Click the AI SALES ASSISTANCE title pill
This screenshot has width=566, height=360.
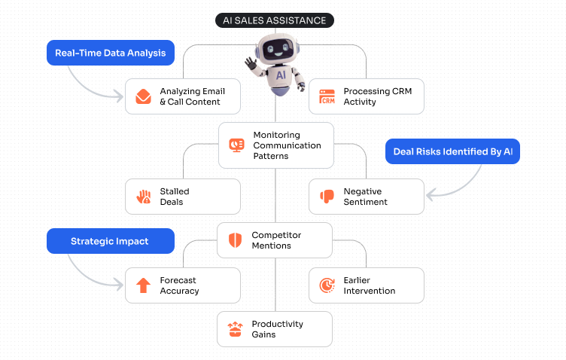pos(275,20)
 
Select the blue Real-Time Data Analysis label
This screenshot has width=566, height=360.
pos(110,53)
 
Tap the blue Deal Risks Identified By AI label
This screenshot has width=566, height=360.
pos(452,151)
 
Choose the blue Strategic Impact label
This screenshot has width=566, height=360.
pos(110,241)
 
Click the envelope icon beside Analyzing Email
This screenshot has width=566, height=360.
pos(143,96)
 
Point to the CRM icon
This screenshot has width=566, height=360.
pos(327,96)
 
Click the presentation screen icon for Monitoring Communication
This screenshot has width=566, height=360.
pos(236,145)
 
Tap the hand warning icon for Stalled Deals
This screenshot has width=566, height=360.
pos(143,197)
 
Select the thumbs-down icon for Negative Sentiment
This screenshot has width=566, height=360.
pos(327,197)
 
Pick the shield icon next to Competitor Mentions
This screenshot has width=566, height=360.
pos(236,240)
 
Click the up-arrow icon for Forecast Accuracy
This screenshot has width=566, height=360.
pos(143,285)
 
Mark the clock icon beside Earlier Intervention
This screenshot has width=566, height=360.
pos(327,285)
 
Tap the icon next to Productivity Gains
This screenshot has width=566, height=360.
pos(236,329)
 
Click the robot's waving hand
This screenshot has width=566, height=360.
pos(251,63)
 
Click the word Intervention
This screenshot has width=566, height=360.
pos(370,291)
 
